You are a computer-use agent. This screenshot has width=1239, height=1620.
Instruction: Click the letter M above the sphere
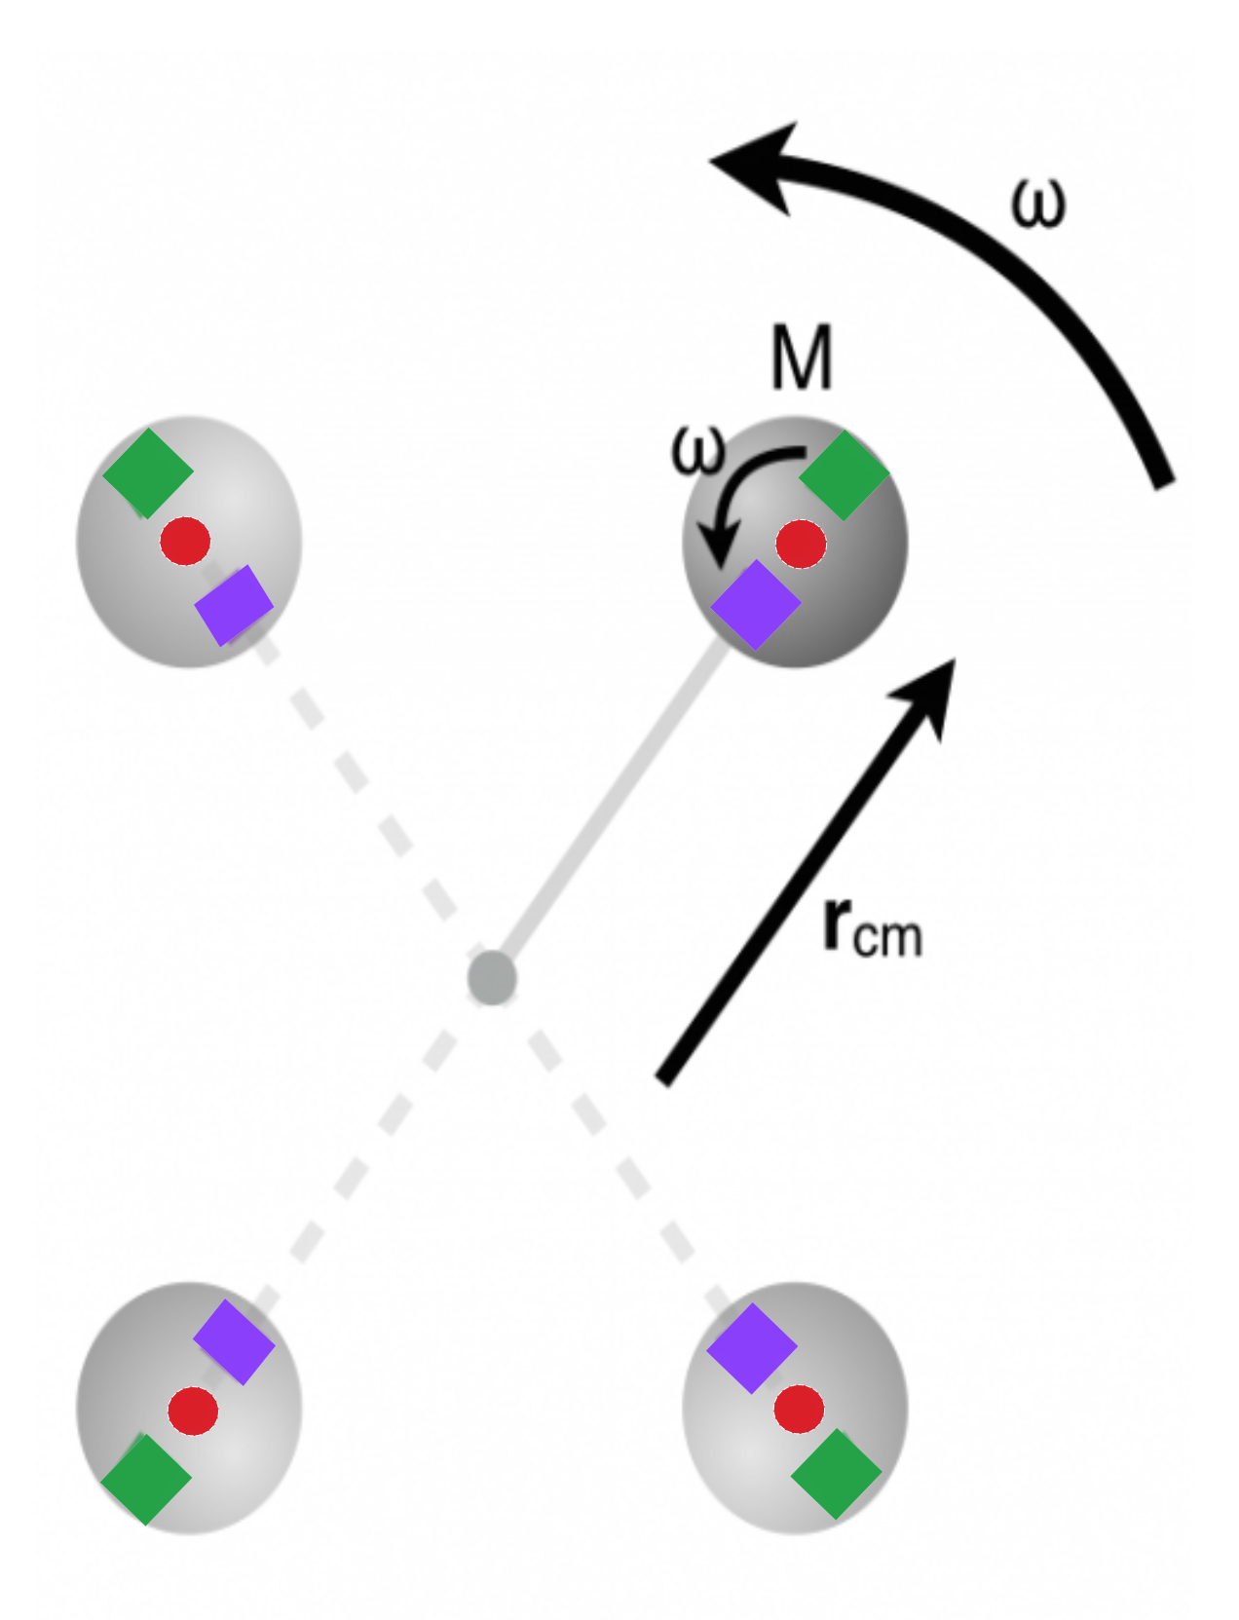tap(802, 358)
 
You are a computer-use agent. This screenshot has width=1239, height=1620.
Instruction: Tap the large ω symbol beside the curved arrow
tap(1038, 203)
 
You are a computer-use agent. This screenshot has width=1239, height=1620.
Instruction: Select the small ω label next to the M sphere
tap(698, 450)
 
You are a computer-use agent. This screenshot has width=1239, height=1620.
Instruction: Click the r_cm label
tap(871, 926)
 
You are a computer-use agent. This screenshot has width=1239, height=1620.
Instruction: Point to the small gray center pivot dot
tap(492, 977)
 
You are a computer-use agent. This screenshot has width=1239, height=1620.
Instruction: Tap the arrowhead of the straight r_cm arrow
tap(929, 692)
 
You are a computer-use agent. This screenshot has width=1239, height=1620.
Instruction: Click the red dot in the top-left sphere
tap(185, 541)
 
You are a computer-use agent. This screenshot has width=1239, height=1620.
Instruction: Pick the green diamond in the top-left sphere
tap(148, 472)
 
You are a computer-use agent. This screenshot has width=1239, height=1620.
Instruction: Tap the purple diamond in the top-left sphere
tap(234, 605)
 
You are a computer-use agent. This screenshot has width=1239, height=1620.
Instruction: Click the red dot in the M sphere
tap(801, 544)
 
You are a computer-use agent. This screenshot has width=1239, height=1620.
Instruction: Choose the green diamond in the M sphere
tap(844, 475)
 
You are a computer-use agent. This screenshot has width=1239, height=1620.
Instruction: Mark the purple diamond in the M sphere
tap(756, 605)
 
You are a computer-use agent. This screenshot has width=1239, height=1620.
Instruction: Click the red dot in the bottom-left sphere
tap(193, 1410)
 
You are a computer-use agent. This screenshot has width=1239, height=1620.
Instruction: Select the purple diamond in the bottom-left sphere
tap(234, 1341)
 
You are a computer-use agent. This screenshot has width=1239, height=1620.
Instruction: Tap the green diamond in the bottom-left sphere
tap(146, 1479)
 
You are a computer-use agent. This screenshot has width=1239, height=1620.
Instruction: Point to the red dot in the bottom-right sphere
tap(799, 1409)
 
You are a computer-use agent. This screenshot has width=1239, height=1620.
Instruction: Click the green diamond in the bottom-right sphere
tap(836, 1474)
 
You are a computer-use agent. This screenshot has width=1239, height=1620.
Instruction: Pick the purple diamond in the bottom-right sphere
tap(752, 1348)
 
